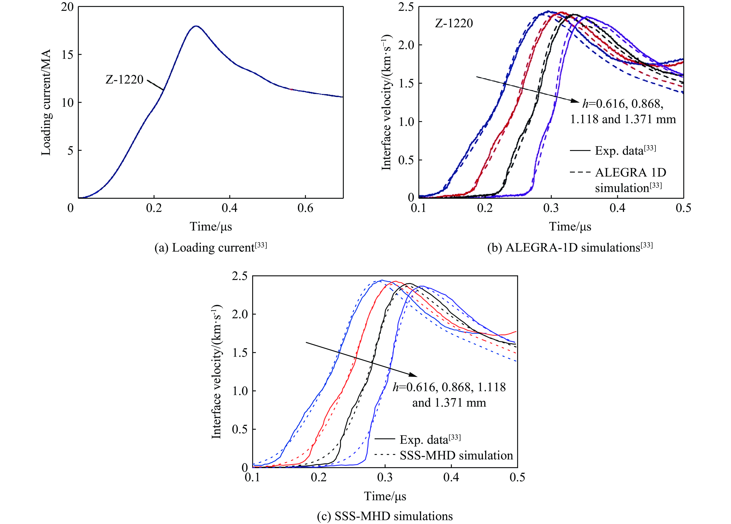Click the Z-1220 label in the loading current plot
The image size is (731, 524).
pos(124,79)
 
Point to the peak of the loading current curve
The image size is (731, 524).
pos(196,26)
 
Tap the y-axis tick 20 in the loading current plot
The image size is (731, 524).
pos(67,7)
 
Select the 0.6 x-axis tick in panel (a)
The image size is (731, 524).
pos(305,208)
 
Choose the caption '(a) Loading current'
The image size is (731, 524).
pos(211,247)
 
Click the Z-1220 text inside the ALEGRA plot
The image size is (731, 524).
pos(454,23)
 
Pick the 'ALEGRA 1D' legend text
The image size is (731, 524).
pos(630,173)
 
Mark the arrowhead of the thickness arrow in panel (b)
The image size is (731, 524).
pos(576,101)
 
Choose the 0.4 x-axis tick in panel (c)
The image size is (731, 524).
pos(451,477)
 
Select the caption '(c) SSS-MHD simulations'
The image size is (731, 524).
pos(385,516)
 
